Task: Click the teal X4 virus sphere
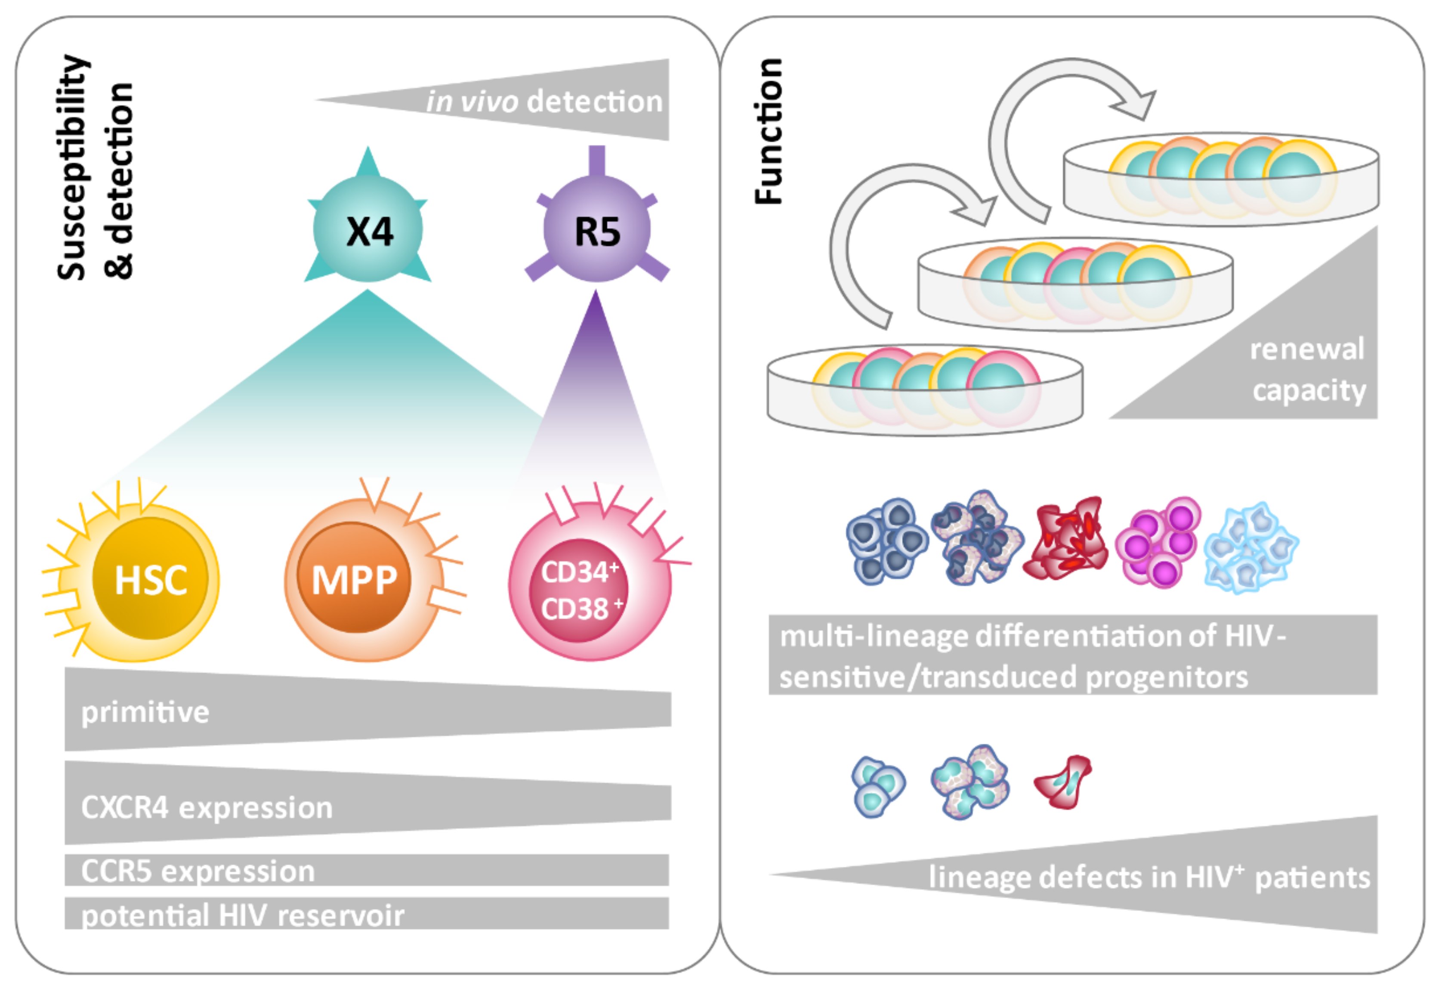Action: [368, 229]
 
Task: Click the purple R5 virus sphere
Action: [597, 229]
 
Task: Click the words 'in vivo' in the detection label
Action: [472, 101]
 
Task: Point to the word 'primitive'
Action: [145, 712]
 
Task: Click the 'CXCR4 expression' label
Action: [207, 808]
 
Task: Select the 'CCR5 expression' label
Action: [198, 871]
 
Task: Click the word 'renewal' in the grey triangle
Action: [1307, 349]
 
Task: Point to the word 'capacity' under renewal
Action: [1309, 391]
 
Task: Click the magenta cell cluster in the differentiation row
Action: [1158, 543]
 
